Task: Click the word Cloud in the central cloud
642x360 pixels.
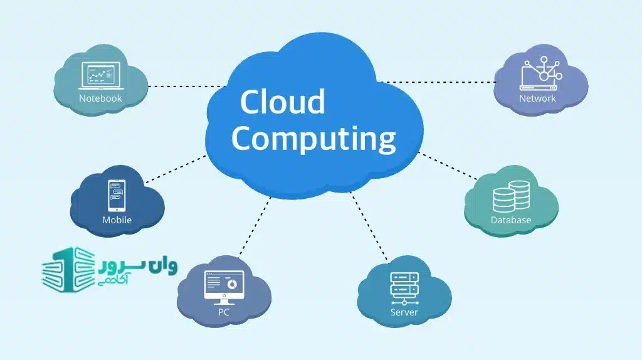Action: click(x=282, y=102)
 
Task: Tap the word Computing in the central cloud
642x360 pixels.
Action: click(x=313, y=139)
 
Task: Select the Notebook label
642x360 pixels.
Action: click(x=100, y=98)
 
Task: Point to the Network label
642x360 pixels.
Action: click(x=537, y=98)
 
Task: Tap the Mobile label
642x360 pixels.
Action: click(x=117, y=220)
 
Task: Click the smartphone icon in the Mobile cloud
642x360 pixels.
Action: click(x=117, y=196)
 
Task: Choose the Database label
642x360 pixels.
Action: click(x=511, y=220)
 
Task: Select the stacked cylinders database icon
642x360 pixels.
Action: click(x=510, y=196)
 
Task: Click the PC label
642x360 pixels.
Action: click(x=224, y=312)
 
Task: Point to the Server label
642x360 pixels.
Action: click(x=404, y=312)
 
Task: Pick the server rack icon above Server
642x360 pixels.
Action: click(x=404, y=287)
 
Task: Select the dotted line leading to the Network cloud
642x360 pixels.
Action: click(x=439, y=82)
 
